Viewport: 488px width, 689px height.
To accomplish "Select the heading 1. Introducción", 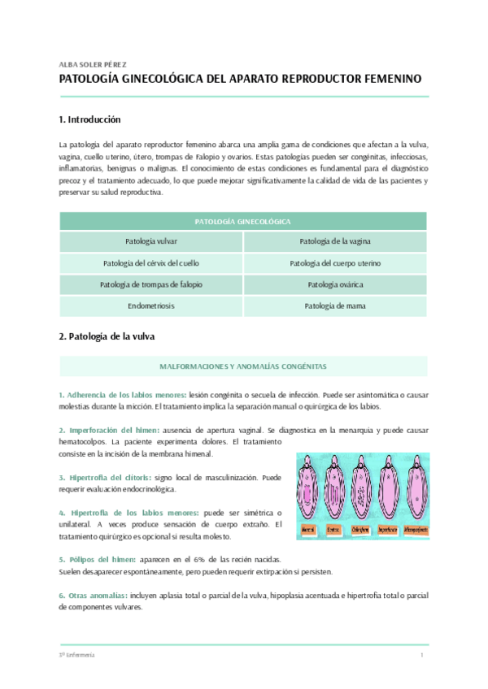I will (89, 119).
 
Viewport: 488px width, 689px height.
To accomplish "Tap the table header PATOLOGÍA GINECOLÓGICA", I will (243, 221).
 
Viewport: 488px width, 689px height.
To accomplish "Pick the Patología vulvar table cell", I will (151, 242).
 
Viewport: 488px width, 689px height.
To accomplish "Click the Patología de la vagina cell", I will (335, 242).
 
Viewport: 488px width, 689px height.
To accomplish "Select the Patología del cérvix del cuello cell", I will (151, 263).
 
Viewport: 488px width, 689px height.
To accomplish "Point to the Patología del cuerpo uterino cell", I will (335, 263).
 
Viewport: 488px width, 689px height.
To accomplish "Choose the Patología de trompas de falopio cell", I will (151, 284).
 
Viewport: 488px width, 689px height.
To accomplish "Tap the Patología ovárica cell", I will (335, 284).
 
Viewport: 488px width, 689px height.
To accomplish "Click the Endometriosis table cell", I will (151, 306).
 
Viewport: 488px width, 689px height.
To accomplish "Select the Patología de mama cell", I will (335, 306).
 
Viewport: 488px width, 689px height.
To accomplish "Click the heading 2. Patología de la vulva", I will (107, 336).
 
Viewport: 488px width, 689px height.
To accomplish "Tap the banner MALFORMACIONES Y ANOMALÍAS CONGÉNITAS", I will (243, 366).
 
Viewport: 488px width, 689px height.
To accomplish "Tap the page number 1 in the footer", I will (421, 655).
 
